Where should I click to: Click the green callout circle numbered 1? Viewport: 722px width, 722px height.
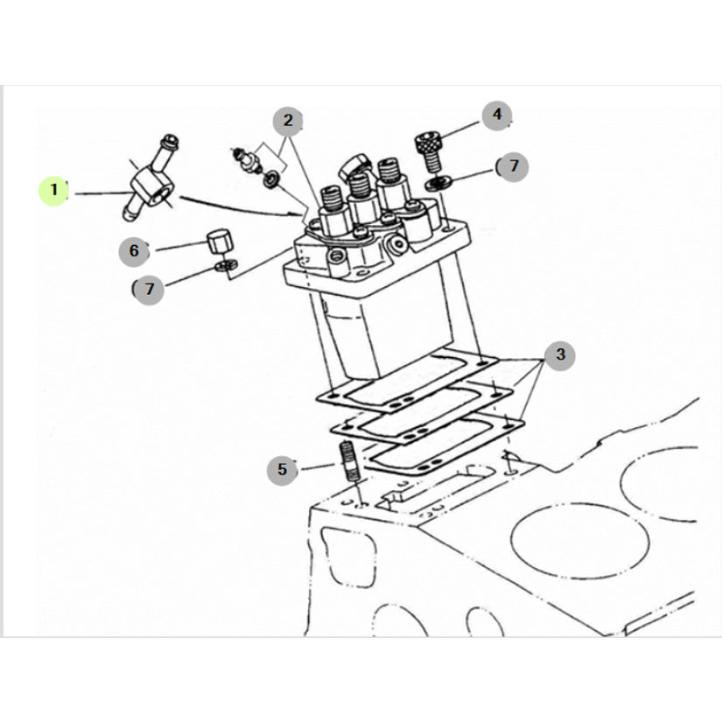53,191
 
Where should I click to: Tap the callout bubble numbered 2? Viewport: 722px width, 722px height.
288,122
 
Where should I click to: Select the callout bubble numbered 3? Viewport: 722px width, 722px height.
559,355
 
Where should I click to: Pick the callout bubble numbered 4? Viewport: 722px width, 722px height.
497,116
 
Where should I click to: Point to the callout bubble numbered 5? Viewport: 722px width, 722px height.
282,470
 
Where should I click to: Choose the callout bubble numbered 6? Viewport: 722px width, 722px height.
134,251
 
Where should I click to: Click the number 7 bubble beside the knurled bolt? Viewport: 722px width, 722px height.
513,166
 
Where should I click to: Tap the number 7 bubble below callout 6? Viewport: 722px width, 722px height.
148,290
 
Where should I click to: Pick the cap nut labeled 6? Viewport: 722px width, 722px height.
219,240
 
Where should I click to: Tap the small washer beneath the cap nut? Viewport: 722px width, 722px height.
226,265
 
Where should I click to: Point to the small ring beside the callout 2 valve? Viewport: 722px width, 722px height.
271,179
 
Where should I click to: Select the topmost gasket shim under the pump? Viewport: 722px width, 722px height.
408,381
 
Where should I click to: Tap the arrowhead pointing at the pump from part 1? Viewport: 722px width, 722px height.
300,214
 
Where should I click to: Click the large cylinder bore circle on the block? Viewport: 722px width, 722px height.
579,540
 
